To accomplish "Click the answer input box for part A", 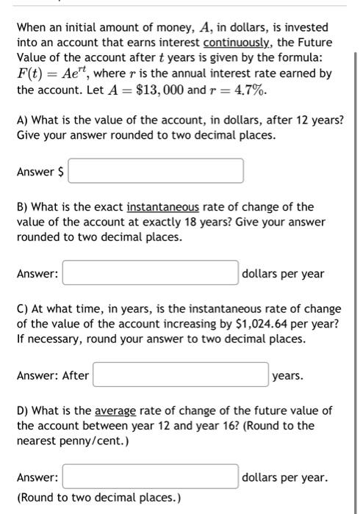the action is tap(156, 171).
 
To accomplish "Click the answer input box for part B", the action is tap(150, 273).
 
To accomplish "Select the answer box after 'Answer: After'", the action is tap(180, 375).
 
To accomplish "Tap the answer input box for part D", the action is tap(150, 477).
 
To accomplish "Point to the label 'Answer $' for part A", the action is tap(40, 171).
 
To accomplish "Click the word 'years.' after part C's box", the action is tap(287, 375).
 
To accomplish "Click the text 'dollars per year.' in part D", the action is tap(284, 477).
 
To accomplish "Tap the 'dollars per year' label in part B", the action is tap(283, 273).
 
